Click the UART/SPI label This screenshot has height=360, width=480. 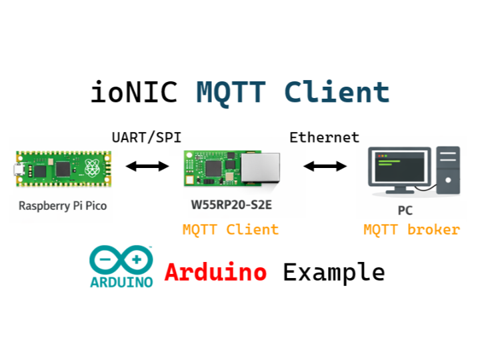click(x=146, y=137)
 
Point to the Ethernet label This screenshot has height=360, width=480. click(x=324, y=137)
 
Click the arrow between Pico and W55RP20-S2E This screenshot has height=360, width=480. click(x=148, y=167)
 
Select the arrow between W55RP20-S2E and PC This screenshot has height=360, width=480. click(x=325, y=166)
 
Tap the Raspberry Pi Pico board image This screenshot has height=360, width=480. click(x=63, y=167)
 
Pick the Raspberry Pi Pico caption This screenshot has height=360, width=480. click(x=63, y=205)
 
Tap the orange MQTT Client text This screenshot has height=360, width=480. click(x=231, y=230)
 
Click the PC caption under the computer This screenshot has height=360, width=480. click(x=405, y=211)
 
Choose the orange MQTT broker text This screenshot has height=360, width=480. click(x=411, y=230)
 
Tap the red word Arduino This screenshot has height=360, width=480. click(x=216, y=272)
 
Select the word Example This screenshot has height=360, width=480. click(x=334, y=272)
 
